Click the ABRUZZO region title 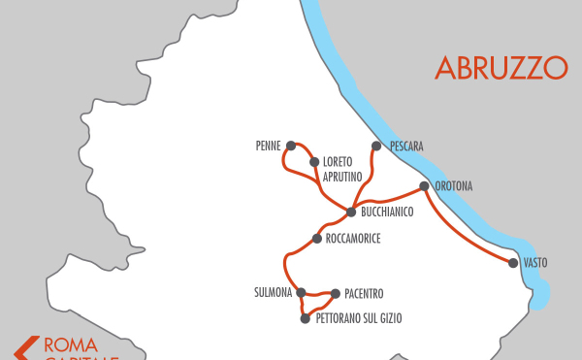[x=501, y=67]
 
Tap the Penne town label [x=268, y=146]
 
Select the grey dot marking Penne [x=290, y=146]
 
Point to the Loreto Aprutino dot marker [x=314, y=162]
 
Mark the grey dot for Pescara [x=376, y=146]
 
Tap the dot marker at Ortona [x=424, y=185]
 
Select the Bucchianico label [x=387, y=212]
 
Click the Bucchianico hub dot [x=351, y=212]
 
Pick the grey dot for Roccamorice [x=317, y=238]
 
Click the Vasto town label [x=534, y=263]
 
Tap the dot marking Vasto [x=512, y=262]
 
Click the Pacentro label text [x=364, y=293]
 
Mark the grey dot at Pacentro [x=336, y=293]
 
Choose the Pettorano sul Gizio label [x=358, y=318]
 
